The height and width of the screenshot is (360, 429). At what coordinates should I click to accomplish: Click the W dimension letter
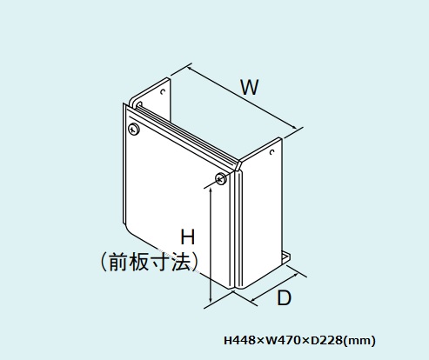[x=250, y=87]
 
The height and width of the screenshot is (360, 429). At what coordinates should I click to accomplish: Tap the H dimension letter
[x=188, y=237]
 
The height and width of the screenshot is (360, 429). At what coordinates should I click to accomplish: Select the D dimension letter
[x=284, y=297]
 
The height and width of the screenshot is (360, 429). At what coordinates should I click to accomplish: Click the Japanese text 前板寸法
[x=150, y=262]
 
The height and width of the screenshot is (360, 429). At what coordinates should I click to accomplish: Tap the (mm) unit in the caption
[x=359, y=341]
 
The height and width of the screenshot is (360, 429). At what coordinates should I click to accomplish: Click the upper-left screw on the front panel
[x=134, y=129]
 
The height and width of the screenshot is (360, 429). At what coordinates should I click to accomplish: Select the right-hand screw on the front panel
[x=221, y=178]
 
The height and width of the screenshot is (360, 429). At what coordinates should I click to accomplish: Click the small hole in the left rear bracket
[x=163, y=91]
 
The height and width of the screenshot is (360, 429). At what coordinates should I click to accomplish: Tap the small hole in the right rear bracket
[x=272, y=152]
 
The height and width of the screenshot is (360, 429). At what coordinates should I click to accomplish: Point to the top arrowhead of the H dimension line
[x=211, y=190]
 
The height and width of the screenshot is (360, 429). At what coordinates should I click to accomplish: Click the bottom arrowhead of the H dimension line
[x=211, y=299]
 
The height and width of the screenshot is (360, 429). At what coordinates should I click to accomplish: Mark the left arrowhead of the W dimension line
[x=191, y=69]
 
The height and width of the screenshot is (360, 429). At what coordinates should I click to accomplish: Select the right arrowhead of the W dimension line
[x=294, y=127]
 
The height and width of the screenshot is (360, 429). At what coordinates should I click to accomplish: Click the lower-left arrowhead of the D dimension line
[x=254, y=299]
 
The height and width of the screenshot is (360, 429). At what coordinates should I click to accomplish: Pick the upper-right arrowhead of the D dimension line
[x=295, y=276]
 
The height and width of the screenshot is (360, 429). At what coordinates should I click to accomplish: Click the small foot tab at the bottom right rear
[x=286, y=257]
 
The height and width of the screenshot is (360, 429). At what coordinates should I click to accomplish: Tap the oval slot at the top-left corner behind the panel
[x=139, y=104]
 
